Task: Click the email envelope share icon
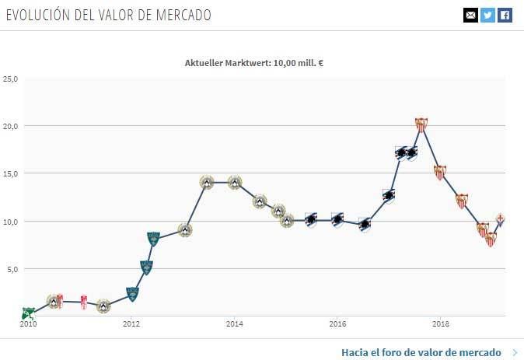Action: [470, 15]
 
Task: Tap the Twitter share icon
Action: [487, 15]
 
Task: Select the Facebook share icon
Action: [505, 15]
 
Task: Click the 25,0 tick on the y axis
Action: [10, 79]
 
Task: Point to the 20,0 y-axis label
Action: [10, 126]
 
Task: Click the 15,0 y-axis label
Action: [10, 173]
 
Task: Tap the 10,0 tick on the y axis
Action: [10, 222]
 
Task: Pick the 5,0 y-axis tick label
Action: [12, 269]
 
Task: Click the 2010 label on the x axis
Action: [29, 324]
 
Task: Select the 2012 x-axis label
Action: [131, 324]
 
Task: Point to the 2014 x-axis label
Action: [235, 324]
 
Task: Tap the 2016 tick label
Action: [337, 324]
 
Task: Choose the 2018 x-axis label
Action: [441, 324]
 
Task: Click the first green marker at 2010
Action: [28, 313]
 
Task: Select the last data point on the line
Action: [501, 219]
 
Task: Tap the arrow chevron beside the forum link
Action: [515, 352]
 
